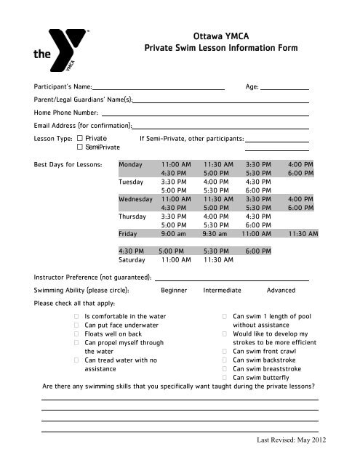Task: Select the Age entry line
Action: (x=285, y=88)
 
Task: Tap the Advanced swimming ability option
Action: (x=281, y=290)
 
